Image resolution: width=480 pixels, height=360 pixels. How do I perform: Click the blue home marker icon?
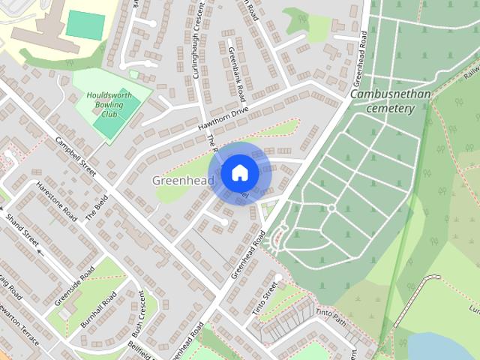coord(239,173)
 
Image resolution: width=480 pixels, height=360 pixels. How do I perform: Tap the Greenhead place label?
coord(183,181)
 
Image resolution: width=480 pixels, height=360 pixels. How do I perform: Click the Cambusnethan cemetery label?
coord(382,102)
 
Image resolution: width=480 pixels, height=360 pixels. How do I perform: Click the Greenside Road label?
coord(74,286)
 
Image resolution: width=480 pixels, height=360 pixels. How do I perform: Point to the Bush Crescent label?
coord(139,313)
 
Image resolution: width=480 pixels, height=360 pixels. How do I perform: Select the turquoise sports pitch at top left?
coord(85,25)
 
